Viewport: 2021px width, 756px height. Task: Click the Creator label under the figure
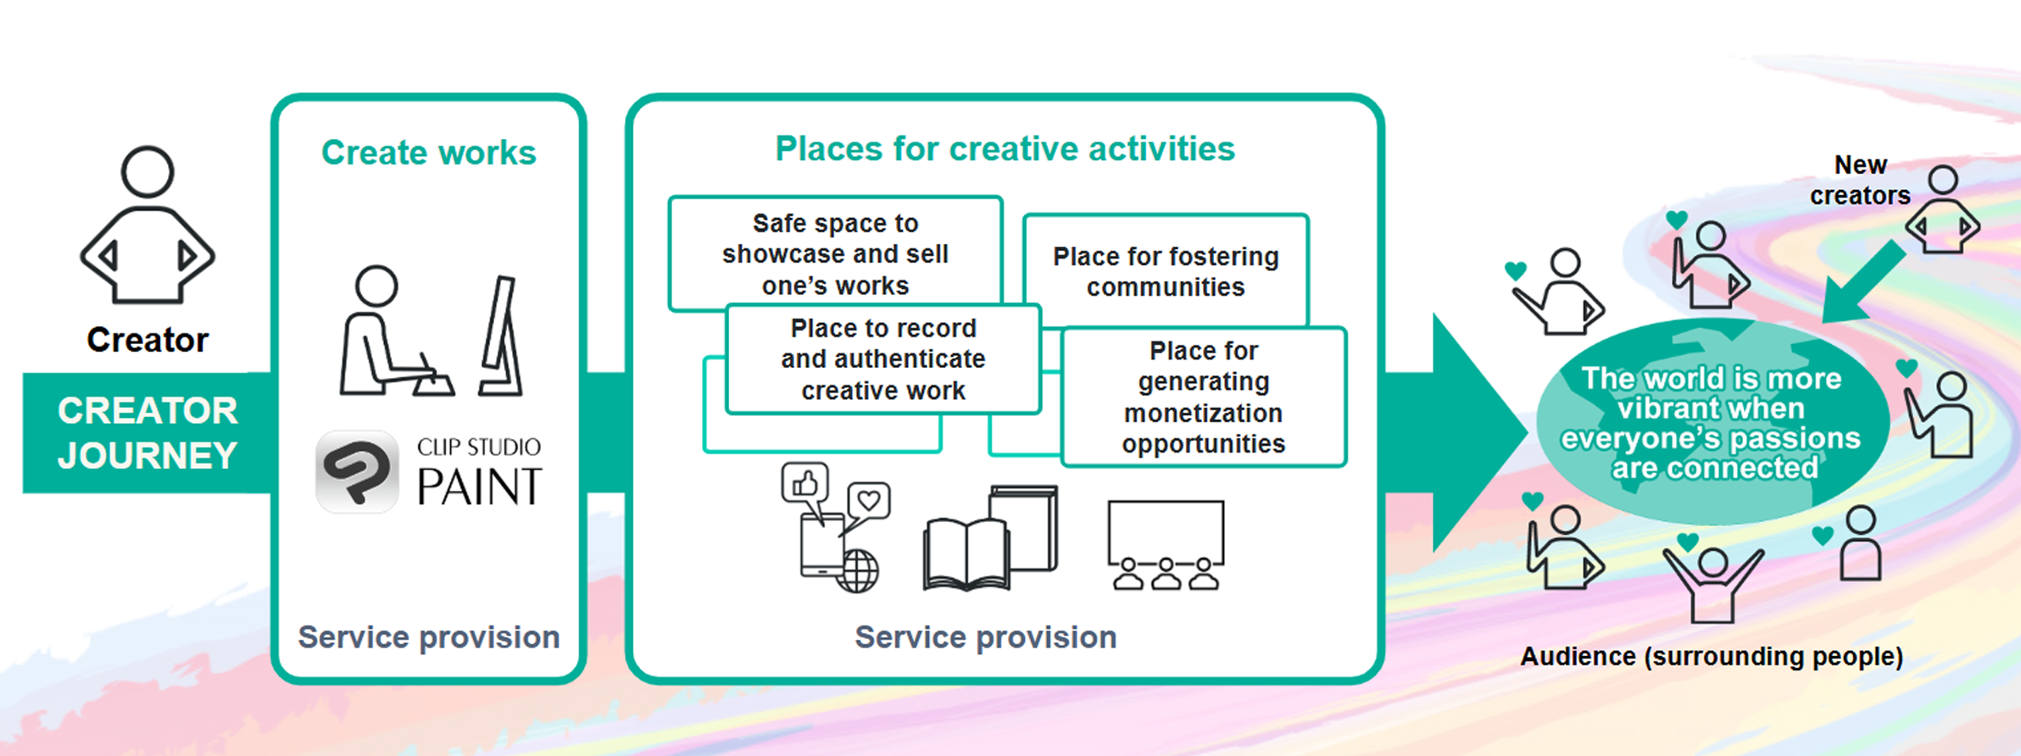148,340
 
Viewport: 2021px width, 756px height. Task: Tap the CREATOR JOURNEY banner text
148,433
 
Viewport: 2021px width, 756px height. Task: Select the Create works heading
429,153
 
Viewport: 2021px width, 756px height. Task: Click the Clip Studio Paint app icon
357,470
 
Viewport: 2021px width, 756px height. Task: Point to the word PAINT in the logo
479,486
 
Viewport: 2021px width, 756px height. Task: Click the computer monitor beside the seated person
501,336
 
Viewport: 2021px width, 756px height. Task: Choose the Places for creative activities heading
1005,149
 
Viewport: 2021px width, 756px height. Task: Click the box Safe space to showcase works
836,253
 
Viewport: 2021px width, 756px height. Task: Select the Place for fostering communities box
1166,271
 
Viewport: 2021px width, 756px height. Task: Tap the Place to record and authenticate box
883,359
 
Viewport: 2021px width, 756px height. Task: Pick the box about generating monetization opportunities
1204,397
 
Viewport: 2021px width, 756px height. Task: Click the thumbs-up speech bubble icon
805,486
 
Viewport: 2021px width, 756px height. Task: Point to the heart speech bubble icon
868,502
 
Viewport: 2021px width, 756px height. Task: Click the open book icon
966,555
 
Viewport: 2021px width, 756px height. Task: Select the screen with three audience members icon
1166,544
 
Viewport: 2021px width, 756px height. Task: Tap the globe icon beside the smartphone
857,570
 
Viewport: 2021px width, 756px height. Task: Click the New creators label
1860,180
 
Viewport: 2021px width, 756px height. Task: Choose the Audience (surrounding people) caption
1712,656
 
